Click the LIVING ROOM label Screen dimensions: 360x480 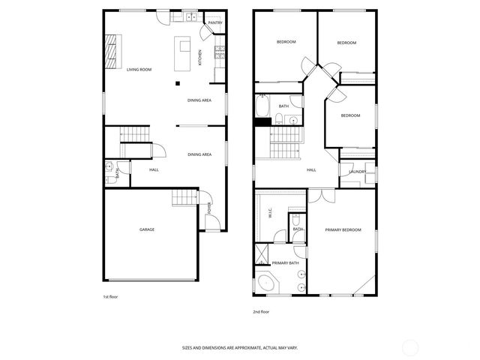[x=139, y=70]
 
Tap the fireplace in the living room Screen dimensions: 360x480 [x=110, y=52]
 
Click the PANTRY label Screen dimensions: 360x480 [x=215, y=22]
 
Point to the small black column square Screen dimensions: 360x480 [x=178, y=82]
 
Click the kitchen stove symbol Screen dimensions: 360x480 [x=220, y=52]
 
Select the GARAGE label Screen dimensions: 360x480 [x=147, y=229]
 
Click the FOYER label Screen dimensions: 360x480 [x=208, y=208]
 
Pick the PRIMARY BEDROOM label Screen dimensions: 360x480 [x=343, y=229]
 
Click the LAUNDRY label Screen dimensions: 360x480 [x=357, y=172]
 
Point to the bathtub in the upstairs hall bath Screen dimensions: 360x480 [x=262, y=106]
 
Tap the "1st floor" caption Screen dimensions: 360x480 [x=110, y=297]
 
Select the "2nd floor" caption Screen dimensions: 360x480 [x=261, y=311]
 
